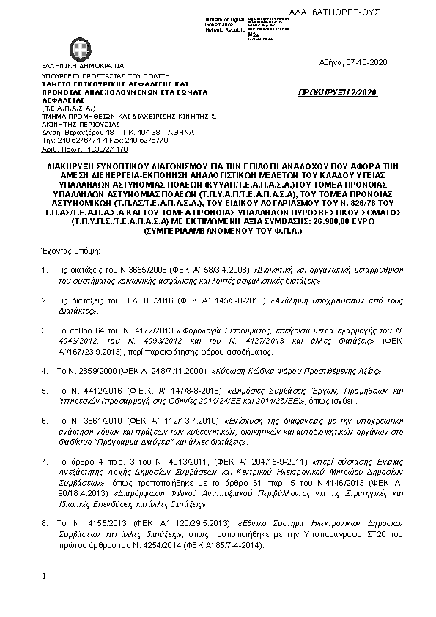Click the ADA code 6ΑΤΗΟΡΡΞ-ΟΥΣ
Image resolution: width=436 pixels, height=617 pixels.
point(389,13)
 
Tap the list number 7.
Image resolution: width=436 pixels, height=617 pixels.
point(45,462)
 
